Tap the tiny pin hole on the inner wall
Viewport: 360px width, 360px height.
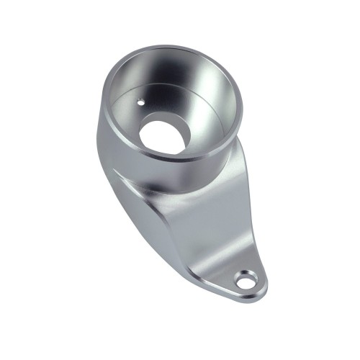143,102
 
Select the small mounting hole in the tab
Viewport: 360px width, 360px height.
246,281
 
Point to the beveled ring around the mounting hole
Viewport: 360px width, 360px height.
253,274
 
